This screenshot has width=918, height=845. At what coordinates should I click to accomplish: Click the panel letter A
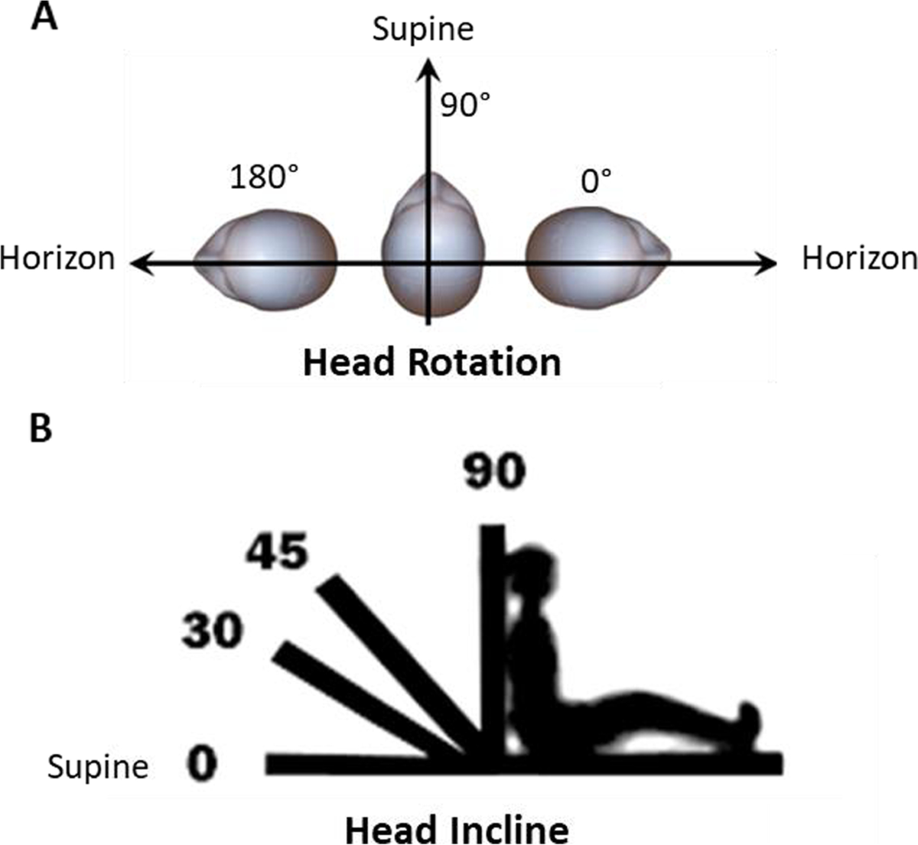click(x=44, y=17)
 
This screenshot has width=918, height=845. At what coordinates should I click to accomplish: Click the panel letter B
click(x=41, y=429)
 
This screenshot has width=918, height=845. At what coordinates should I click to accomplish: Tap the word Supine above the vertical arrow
click(x=423, y=29)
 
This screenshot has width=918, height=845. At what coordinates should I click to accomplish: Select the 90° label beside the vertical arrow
click(x=465, y=105)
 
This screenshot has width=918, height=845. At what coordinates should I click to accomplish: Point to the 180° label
click(x=264, y=179)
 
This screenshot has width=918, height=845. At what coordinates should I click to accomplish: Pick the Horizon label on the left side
click(x=57, y=258)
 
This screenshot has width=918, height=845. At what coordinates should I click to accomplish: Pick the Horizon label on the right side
click(x=858, y=258)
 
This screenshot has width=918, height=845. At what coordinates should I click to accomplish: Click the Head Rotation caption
click(x=432, y=362)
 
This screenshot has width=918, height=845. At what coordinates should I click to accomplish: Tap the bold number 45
click(x=276, y=552)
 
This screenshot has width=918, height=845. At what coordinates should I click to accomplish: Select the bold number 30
click(x=212, y=631)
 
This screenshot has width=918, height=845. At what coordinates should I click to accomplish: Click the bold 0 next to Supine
click(x=201, y=765)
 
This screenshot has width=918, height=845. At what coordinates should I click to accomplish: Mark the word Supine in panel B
click(x=98, y=766)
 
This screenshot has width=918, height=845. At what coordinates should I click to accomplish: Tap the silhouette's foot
click(x=748, y=723)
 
